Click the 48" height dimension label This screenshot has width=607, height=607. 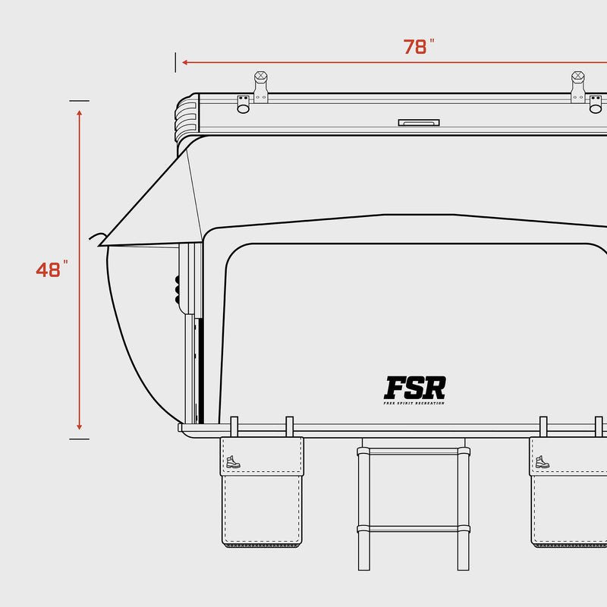point(52,269)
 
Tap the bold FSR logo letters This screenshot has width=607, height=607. point(414,388)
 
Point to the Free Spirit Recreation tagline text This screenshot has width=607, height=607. point(414,403)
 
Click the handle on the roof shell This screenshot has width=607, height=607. point(418,121)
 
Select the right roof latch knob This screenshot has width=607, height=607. point(577,77)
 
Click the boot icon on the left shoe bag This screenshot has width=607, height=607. point(233,461)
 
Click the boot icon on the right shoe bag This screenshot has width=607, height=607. point(542,461)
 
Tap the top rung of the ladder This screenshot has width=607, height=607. point(414,451)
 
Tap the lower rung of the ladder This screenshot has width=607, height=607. point(414,528)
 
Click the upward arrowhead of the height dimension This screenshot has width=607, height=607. point(79,113)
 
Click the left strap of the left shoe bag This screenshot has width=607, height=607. point(234,426)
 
